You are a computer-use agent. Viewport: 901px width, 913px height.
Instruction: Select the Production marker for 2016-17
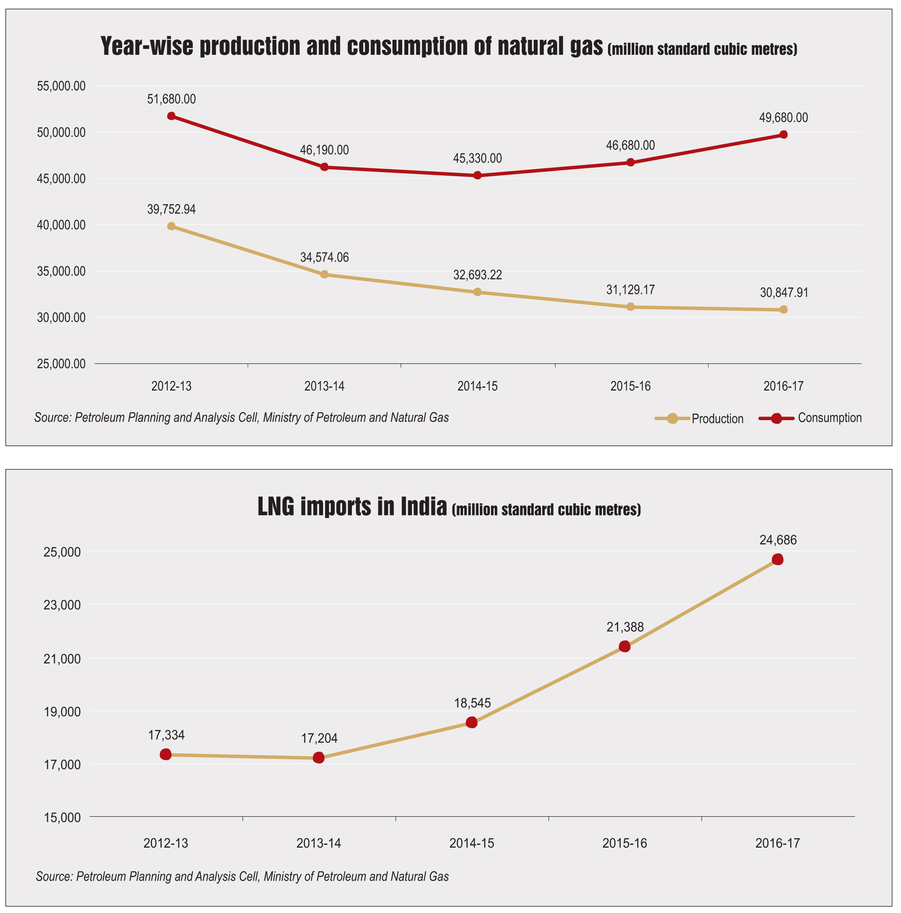[x=783, y=309]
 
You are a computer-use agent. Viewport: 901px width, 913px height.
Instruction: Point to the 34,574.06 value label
[x=324, y=257]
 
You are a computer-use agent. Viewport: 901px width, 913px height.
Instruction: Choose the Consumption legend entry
[x=810, y=418]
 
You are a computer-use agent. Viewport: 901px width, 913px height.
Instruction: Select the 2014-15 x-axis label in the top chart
[x=477, y=386]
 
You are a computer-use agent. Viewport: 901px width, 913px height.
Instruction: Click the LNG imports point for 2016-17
[x=778, y=559]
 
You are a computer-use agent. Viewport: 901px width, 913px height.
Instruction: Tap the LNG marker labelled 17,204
[x=319, y=758]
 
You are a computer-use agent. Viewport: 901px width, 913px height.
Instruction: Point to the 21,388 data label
[x=625, y=627]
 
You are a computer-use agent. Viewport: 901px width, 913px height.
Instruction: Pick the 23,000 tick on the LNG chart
[x=62, y=605]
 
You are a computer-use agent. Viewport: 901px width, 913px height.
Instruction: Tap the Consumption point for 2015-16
[x=630, y=162]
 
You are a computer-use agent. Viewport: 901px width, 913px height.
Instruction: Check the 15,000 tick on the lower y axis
[x=62, y=818]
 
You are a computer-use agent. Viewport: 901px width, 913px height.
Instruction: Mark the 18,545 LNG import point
[x=472, y=722]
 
